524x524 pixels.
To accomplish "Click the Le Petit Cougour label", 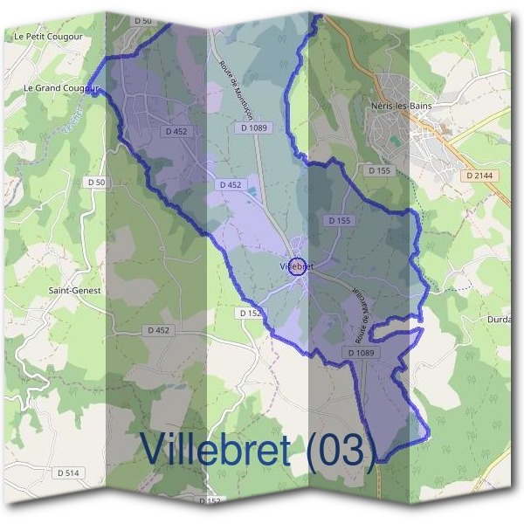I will (x=45, y=37).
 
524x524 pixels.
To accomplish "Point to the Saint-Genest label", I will (x=74, y=290).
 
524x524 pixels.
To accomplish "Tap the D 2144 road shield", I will (x=480, y=176).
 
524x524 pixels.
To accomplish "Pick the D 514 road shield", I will (x=68, y=472).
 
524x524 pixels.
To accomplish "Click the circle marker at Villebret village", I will (x=297, y=265).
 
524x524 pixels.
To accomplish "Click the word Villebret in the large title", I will (x=216, y=449).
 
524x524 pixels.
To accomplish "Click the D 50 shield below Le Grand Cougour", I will (x=96, y=182).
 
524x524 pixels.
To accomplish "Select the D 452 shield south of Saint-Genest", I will (x=158, y=330).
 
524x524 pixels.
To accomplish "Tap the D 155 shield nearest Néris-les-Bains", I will (x=380, y=171).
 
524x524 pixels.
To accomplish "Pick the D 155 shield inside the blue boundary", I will (x=339, y=221).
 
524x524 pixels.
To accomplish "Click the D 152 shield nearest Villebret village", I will (x=249, y=312).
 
